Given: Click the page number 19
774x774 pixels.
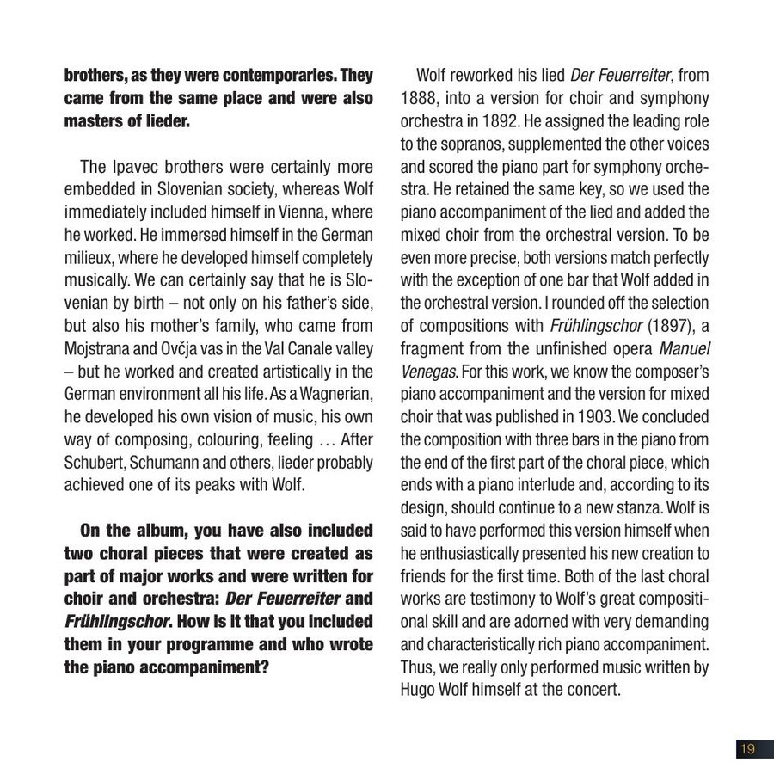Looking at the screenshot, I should coord(747,749).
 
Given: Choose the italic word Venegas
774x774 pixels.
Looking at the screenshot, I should coord(428,372).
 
